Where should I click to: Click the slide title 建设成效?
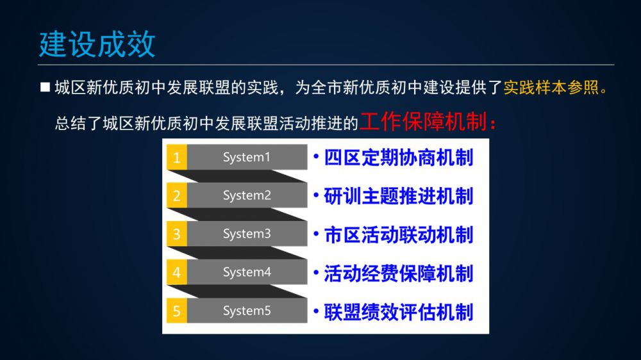pos(97,44)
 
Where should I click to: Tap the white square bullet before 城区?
pos(45,87)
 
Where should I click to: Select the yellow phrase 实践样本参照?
pos(551,88)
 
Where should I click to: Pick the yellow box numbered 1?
pos(177,157)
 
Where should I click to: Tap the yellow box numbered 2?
pos(177,195)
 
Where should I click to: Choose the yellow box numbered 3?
pos(177,234)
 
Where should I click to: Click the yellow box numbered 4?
pos(177,272)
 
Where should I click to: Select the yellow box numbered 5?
pos(177,311)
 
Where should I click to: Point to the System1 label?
pos(247,158)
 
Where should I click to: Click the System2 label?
pos(247,196)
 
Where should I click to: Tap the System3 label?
pos(247,234)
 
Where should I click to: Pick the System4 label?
pos(247,272)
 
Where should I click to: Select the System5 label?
pos(247,311)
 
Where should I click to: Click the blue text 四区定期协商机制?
pos(399,158)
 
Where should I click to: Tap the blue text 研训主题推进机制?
pos(399,196)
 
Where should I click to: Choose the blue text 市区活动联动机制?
pos(399,234)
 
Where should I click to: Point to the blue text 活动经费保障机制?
pos(399,273)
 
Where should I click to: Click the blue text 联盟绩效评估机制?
pos(399,312)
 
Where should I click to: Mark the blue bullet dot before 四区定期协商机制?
pos(316,156)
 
